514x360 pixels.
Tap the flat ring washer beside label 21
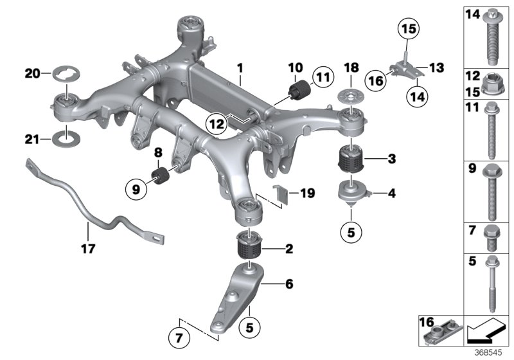click(x=67, y=139)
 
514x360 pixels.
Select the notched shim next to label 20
click(x=66, y=74)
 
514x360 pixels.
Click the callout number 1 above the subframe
click(x=239, y=66)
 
